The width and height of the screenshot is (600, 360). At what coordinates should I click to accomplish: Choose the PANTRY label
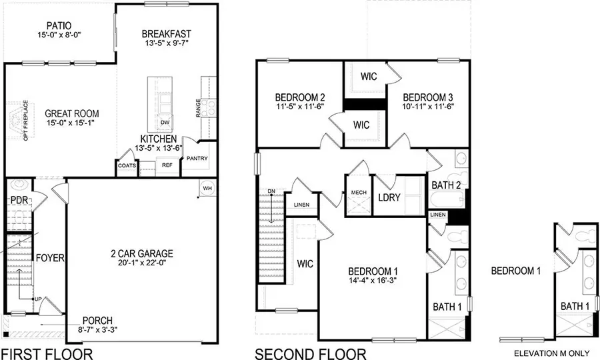point(197,159)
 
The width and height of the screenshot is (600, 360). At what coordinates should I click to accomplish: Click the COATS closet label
point(127,165)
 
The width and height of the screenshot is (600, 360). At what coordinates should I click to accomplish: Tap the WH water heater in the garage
point(207,189)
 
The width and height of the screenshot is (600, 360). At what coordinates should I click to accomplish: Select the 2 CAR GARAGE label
point(142,253)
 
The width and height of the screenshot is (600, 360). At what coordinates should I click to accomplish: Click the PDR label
point(18,200)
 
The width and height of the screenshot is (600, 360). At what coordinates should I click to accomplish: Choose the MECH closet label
point(359,193)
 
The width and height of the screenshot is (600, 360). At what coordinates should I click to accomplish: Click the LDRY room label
point(388,198)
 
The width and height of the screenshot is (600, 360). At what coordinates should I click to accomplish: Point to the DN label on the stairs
point(271,192)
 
